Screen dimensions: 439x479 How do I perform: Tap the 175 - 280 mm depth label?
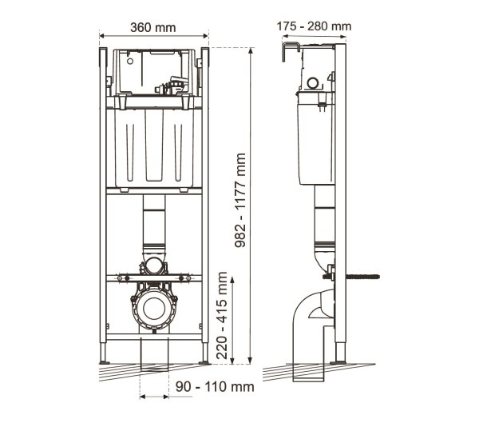coord(314,26)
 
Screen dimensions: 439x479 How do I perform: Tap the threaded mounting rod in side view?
coord(362,277)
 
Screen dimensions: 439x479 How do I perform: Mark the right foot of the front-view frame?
coord(204,353)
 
